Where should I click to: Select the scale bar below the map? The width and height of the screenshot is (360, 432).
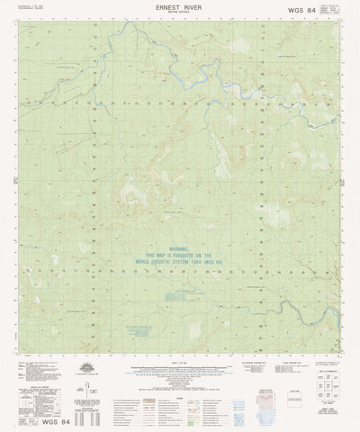tap(179, 369)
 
